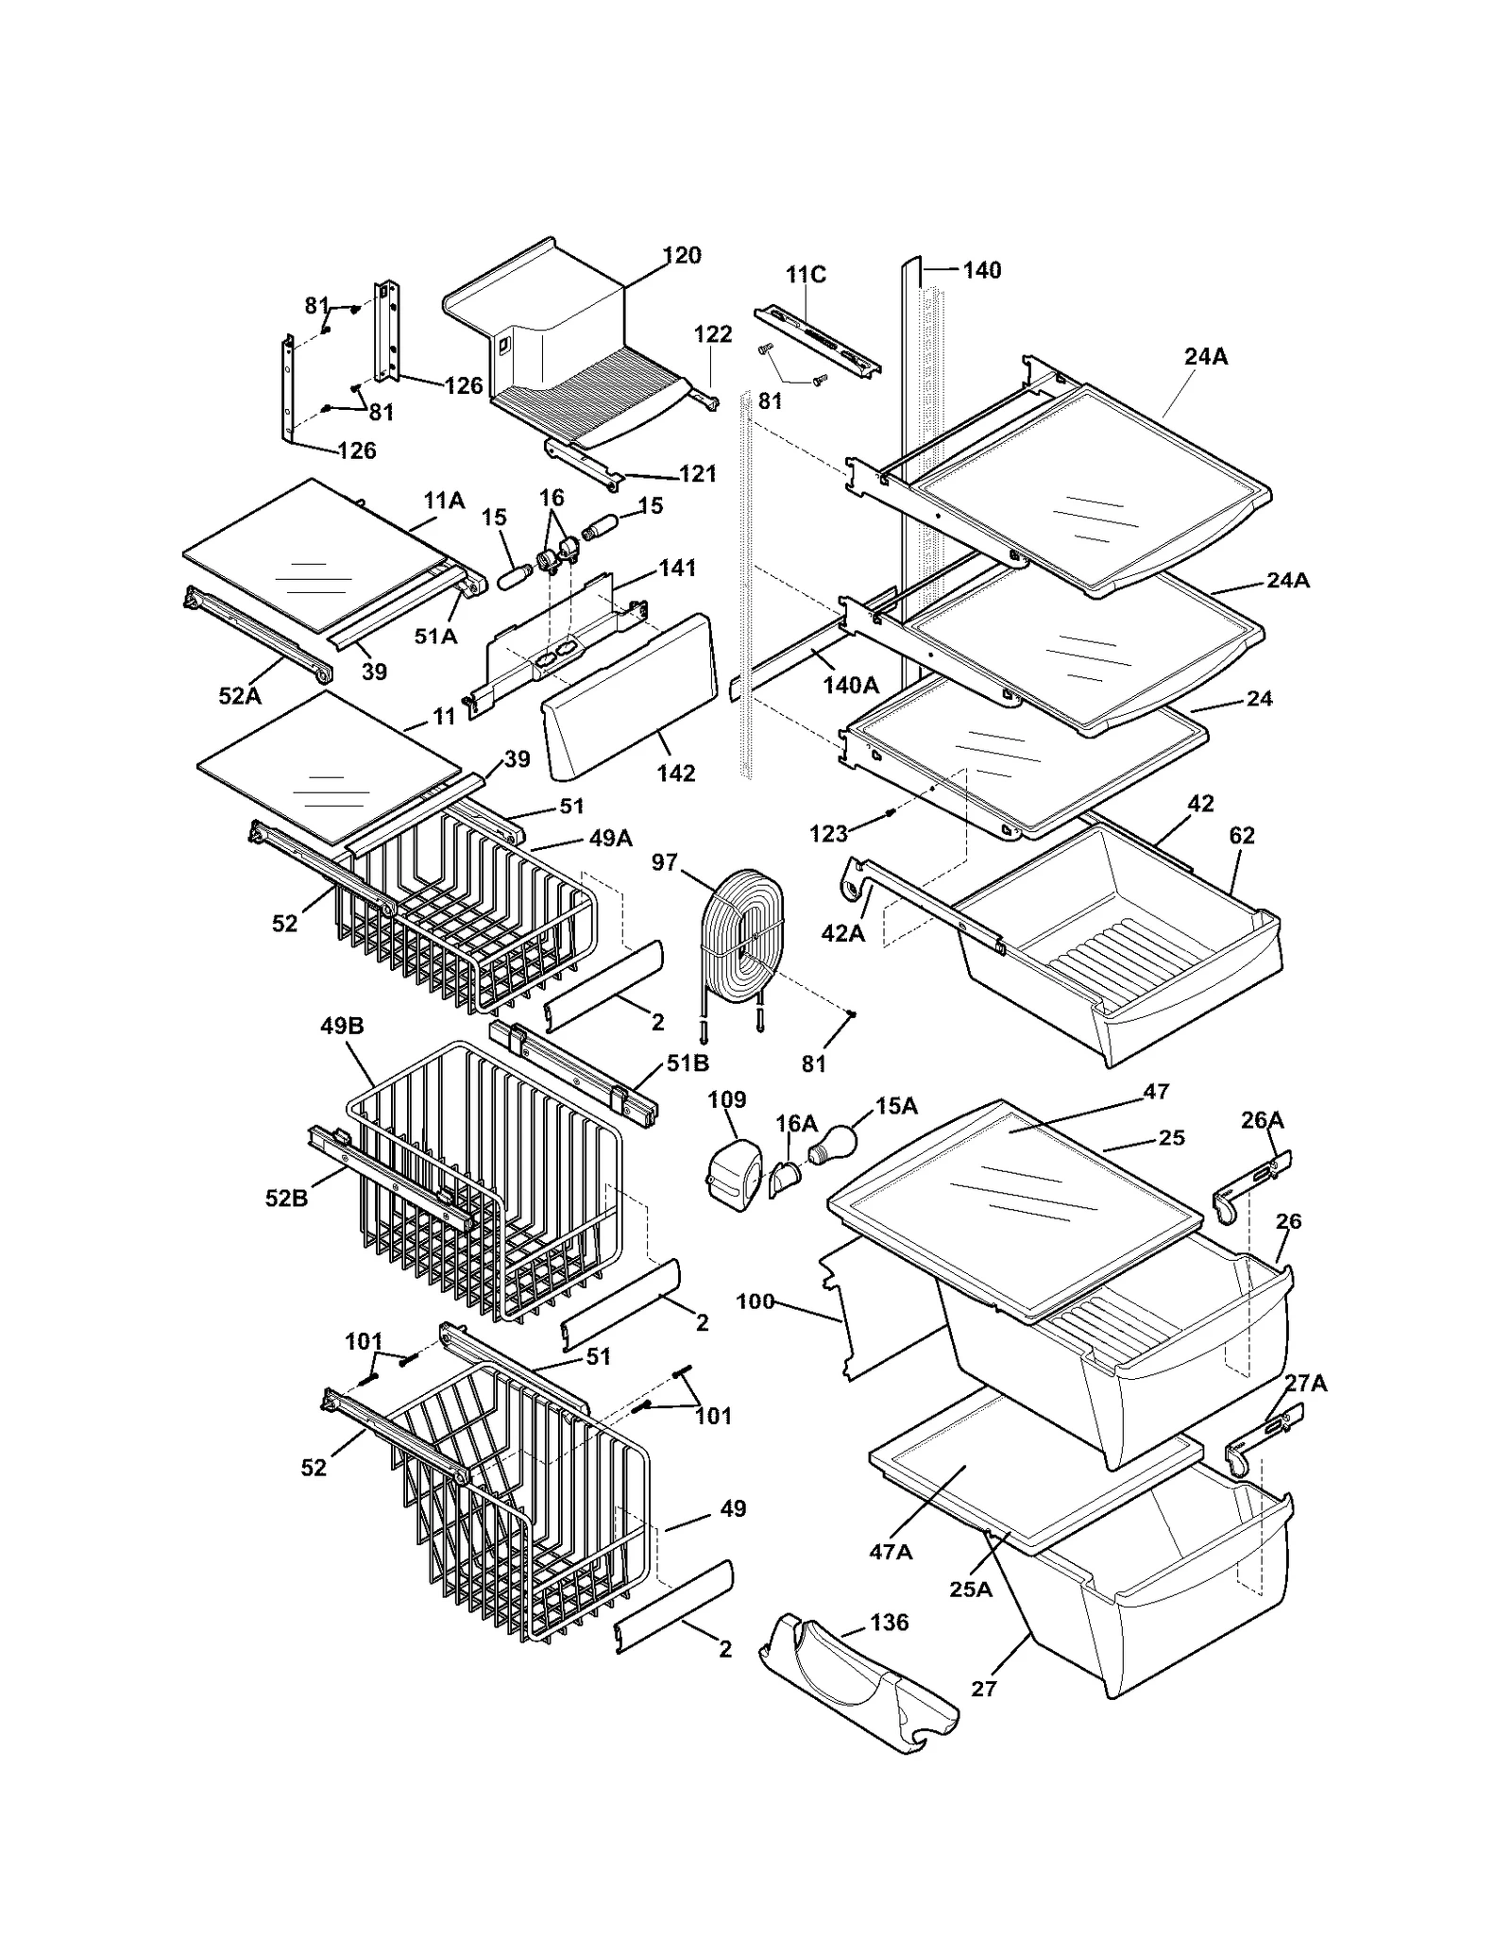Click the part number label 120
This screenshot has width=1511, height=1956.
[681, 255]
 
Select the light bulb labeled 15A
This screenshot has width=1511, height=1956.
[832, 1144]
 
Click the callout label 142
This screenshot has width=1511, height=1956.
[676, 774]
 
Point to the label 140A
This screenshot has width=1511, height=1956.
[850, 686]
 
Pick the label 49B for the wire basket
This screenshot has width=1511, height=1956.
[342, 1026]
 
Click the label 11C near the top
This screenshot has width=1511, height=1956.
[806, 275]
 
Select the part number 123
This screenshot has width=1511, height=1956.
[828, 834]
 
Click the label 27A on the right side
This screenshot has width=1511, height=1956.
[1305, 1384]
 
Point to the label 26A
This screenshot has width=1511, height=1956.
[1262, 1120]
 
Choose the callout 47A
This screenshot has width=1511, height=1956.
[891, 1552]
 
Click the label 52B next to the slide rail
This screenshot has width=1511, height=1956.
[286, 1199]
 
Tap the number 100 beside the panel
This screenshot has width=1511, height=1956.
[755, 1301]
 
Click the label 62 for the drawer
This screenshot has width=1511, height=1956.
[1242, 836]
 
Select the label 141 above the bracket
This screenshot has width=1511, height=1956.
[676, 568]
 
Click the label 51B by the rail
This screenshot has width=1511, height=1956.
[688, 1063]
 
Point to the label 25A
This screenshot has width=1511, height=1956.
[971, 1590]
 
